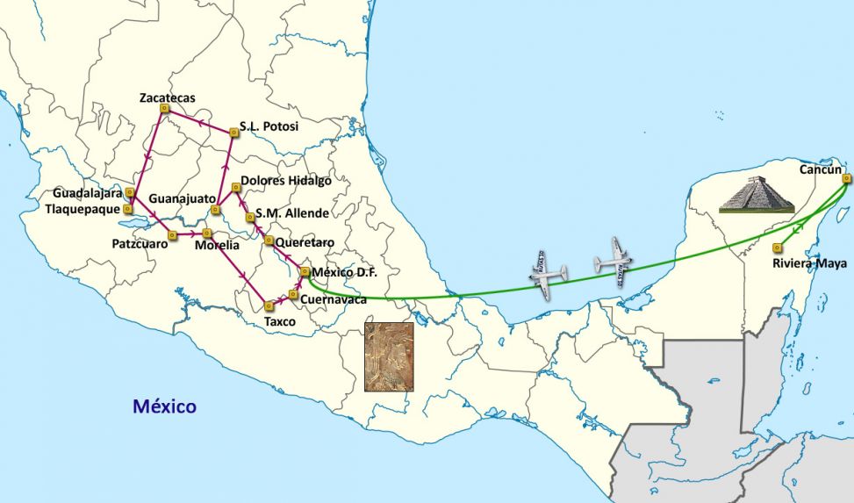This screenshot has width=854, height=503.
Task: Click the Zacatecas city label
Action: [x=167, y=97]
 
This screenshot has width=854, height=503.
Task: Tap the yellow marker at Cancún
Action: [x=846, y=178]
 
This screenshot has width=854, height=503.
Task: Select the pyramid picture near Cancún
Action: [x=756, y=194]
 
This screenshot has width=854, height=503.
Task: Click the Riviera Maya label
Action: [x=808, y=262]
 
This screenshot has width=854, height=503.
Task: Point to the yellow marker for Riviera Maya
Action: [x=777, y=248]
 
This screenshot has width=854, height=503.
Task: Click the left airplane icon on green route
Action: [x=549, y=275]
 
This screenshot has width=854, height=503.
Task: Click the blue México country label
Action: [x=164, y=406]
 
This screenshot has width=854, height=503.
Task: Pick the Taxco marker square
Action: [x=268, y=305]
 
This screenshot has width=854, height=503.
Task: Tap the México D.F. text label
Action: [x=344, y=273]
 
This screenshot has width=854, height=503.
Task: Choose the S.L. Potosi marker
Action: [x=233, y=133]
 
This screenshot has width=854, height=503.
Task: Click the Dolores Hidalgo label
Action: [x=286, y=181]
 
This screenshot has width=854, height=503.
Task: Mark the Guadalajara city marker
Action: [x=129, y=191]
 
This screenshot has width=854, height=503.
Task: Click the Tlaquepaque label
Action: [x=85, y=209]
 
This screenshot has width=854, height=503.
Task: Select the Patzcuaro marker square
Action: [x=172, y=234]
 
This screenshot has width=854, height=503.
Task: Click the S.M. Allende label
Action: [x=292, y=213]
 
